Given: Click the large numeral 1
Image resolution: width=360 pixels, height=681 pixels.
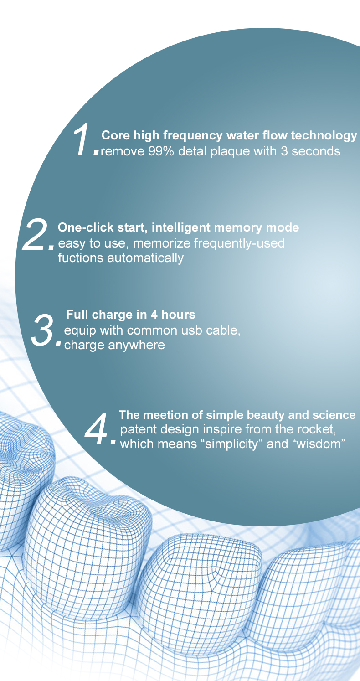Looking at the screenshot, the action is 81,139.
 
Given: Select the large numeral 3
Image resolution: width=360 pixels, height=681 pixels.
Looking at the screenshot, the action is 43,330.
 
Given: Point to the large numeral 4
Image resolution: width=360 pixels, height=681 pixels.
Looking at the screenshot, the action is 96,428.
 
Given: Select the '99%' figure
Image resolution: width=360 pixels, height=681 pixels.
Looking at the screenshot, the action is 161,151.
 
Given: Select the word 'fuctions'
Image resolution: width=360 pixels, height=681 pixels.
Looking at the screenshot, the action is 81,258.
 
